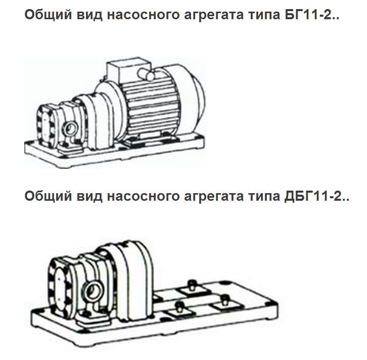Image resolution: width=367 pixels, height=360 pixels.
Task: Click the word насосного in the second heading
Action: pos(139,195)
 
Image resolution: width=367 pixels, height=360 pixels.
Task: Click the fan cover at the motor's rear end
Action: pos(195,104)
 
